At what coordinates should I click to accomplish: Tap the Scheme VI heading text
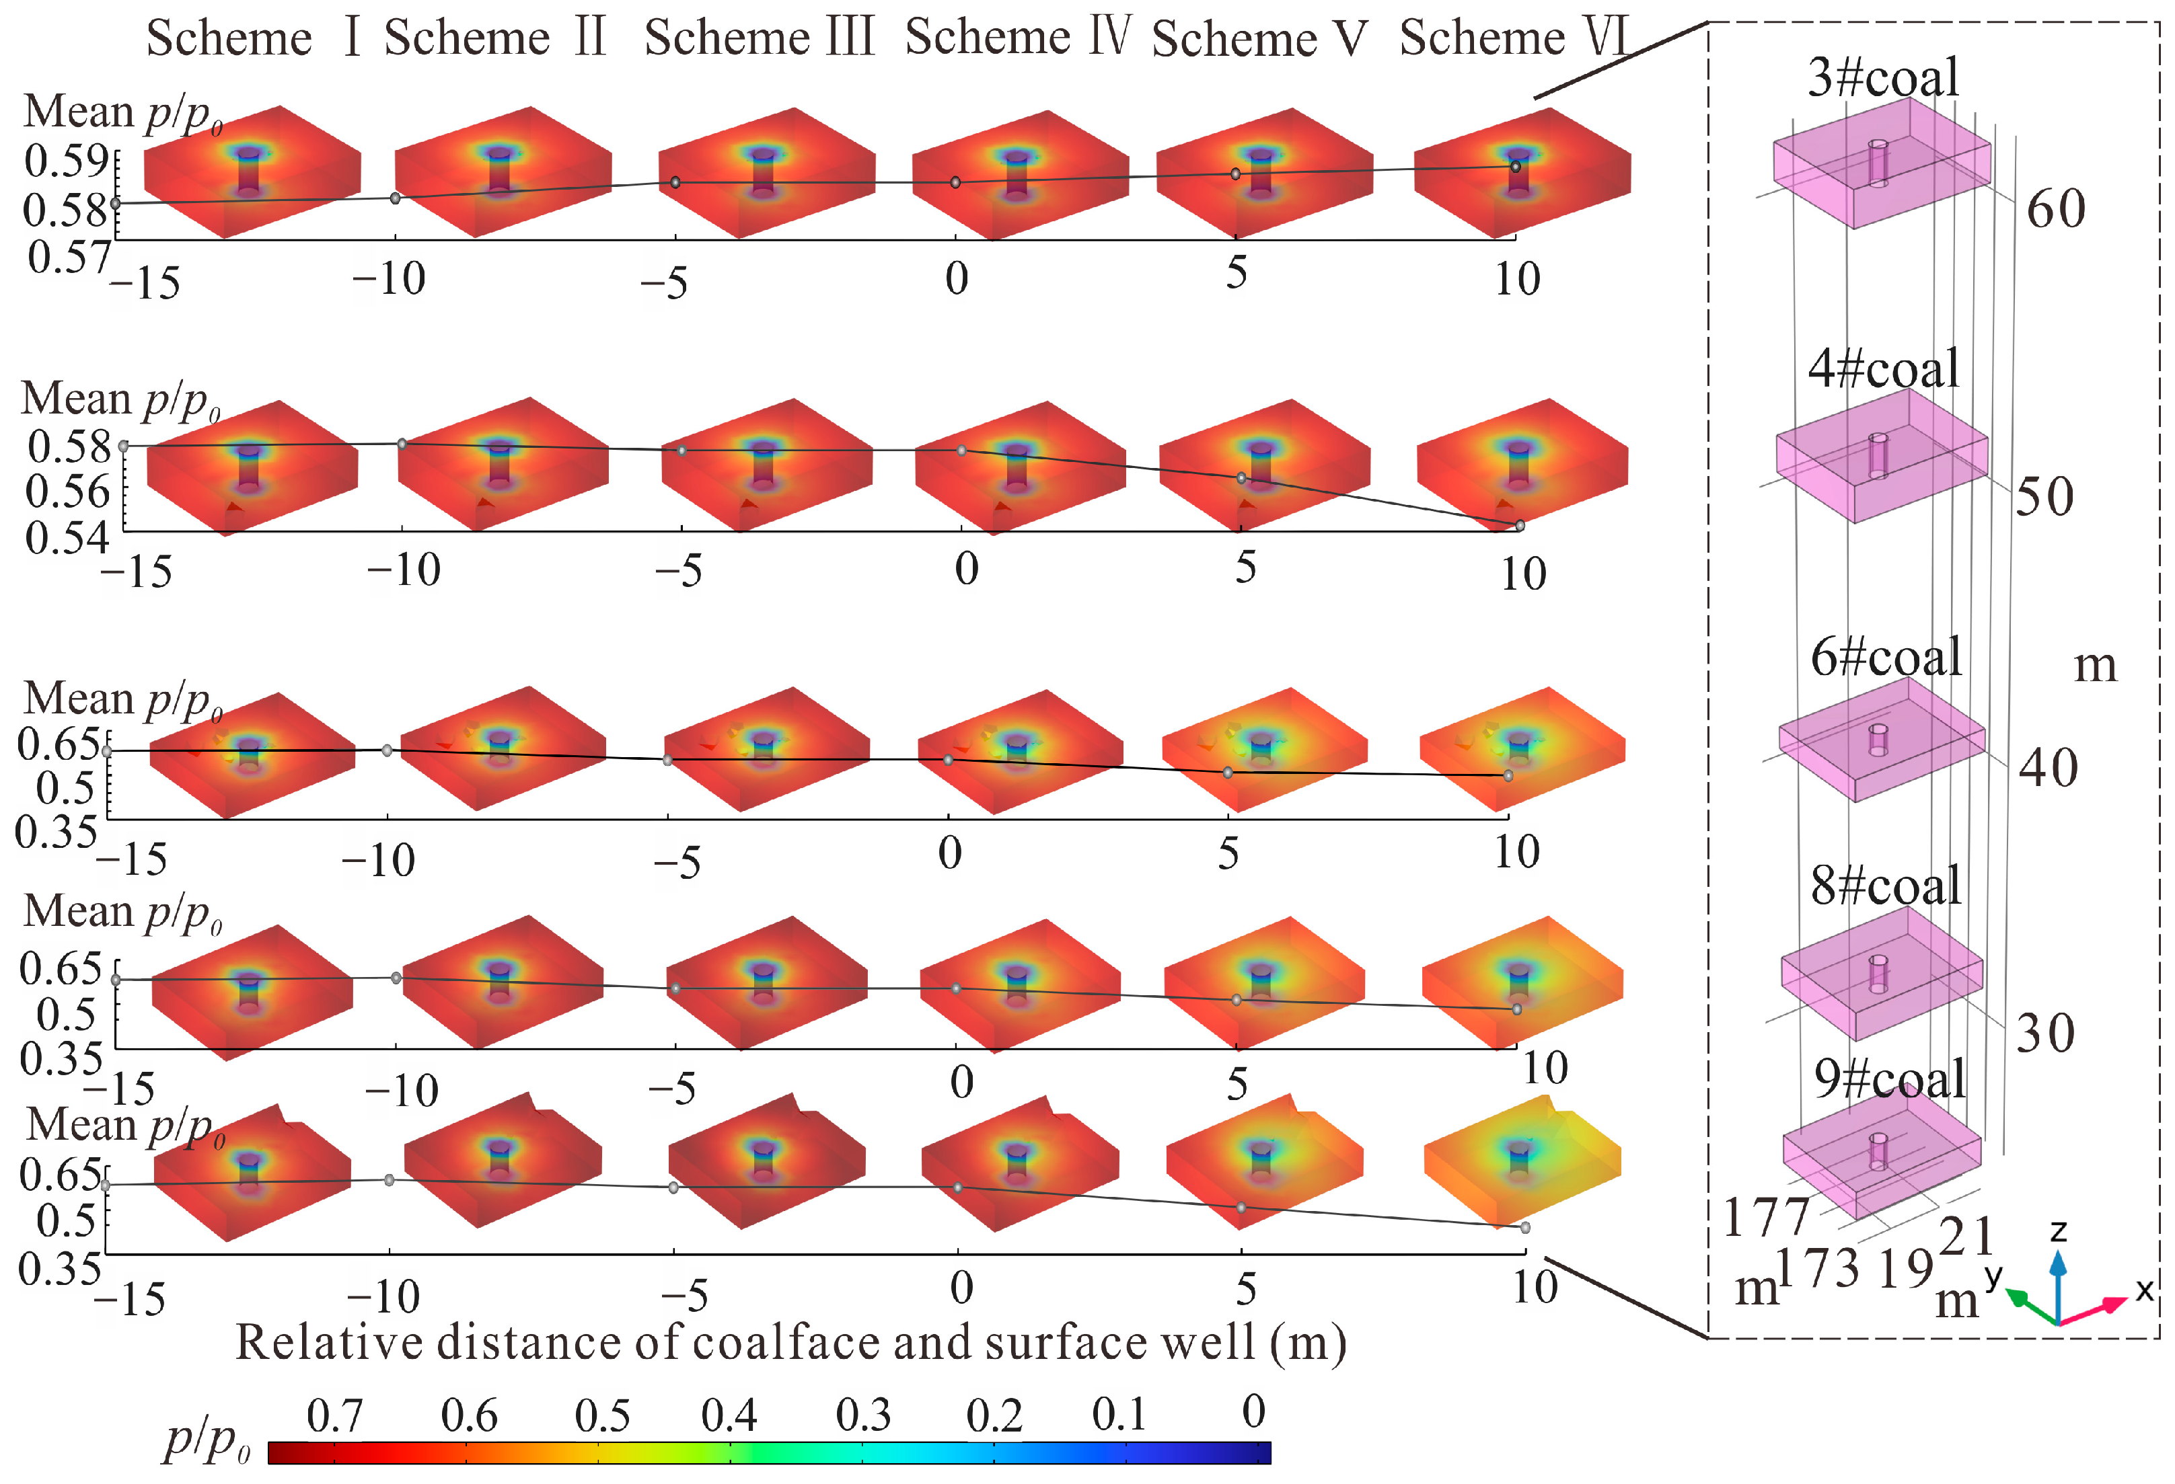tap(1513, 38)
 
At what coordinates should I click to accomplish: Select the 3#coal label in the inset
tap(1882, 77)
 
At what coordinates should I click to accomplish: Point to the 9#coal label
tap(1888, 1079)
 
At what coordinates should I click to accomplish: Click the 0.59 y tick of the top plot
tap(65, 161)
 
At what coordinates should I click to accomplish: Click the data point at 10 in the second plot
tap(1519, 526)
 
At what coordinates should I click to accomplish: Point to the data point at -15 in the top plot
tap(115, 203)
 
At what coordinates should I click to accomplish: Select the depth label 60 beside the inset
tap(2055, 208)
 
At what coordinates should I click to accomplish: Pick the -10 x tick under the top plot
tap(388, 279)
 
